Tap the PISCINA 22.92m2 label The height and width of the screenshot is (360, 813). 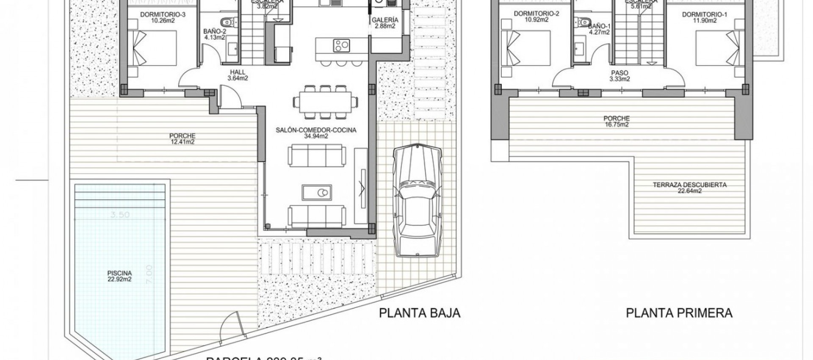[x=119, y=276]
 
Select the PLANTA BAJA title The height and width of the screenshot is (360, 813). [x=419, y=313]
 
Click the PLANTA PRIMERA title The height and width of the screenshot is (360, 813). [x=679, y=313]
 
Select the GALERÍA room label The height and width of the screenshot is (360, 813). [x=385, y=23]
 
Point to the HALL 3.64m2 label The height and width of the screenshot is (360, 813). [x=238, y=75]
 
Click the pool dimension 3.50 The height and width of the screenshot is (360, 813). [x=120, y=215]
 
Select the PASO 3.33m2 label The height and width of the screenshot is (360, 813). [x=619, y=76]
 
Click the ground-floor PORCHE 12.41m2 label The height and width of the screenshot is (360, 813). [x=182, y=139]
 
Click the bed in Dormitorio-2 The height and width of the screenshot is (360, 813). [x=525, y=47]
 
